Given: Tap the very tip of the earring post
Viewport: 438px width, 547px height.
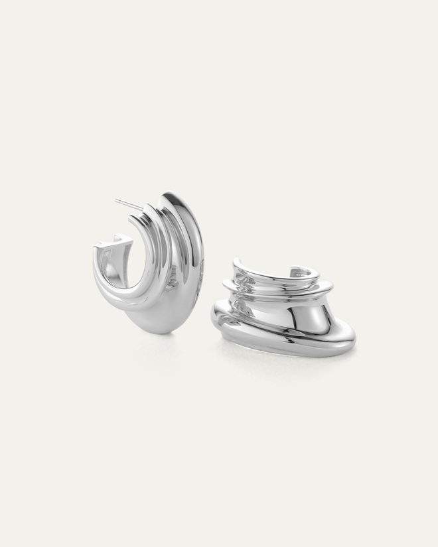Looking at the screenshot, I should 115,200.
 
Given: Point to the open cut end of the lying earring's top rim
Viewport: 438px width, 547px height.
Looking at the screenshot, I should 312,270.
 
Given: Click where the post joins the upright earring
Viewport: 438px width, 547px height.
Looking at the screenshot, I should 142,211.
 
